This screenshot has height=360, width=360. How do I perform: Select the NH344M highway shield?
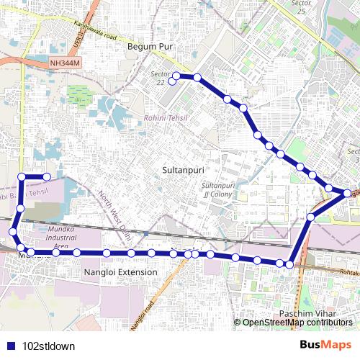(x=67, y=64)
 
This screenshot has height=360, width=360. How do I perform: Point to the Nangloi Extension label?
(x=120, y=272)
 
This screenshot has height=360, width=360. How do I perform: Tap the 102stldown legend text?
(x=49, y=346)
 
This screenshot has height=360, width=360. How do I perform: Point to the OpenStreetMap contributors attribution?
(x=297, y=322)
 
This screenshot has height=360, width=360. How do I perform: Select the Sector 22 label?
(x=158, y=78)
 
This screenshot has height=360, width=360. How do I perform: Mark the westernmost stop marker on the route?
(x=12, y=231)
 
